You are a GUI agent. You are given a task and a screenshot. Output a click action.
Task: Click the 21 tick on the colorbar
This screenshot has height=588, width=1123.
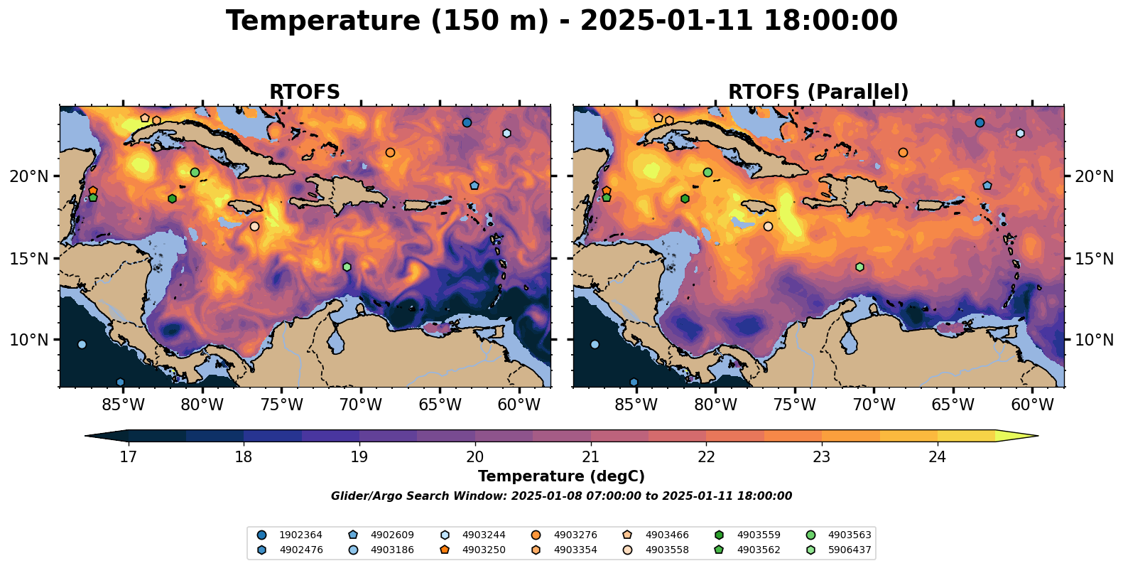pos(590,456)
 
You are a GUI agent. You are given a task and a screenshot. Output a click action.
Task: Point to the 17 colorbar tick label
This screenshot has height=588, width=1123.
pos(128,456)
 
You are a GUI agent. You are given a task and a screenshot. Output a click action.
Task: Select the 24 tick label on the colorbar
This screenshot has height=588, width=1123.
pos(937,456)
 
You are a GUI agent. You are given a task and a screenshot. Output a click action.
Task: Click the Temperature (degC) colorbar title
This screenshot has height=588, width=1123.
pos(561,476)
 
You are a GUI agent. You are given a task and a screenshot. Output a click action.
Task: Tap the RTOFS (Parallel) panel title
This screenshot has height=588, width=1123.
pos(818,92)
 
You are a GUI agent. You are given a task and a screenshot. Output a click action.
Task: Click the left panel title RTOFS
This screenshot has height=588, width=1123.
pos(305,92)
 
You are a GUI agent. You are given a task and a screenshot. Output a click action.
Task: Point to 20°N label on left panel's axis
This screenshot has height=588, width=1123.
pos(29,176)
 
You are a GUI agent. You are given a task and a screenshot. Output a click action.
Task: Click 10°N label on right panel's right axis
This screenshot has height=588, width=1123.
pos(1094,340)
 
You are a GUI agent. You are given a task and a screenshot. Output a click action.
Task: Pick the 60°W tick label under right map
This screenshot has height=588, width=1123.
pos(1032,405)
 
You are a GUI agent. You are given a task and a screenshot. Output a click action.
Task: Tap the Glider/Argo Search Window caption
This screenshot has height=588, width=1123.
pos(561,496)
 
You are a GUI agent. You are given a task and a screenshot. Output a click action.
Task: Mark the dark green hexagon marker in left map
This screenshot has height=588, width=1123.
pos(172,198)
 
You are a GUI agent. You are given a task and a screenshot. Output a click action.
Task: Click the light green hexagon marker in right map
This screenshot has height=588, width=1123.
pos(859,267)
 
